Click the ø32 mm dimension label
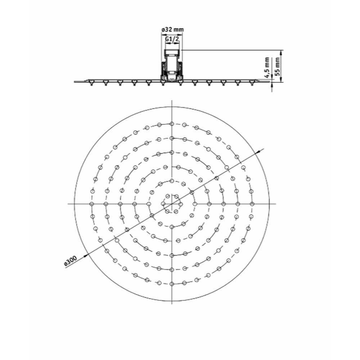tap(172, 30)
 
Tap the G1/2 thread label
tap(172, 39)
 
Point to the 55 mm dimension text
tap(277, 67)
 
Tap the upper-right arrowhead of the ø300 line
tap(260, 151)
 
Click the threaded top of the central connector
tap(172, 53)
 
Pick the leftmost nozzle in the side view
tap(91, 83)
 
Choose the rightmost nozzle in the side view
tap(252, 83)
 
